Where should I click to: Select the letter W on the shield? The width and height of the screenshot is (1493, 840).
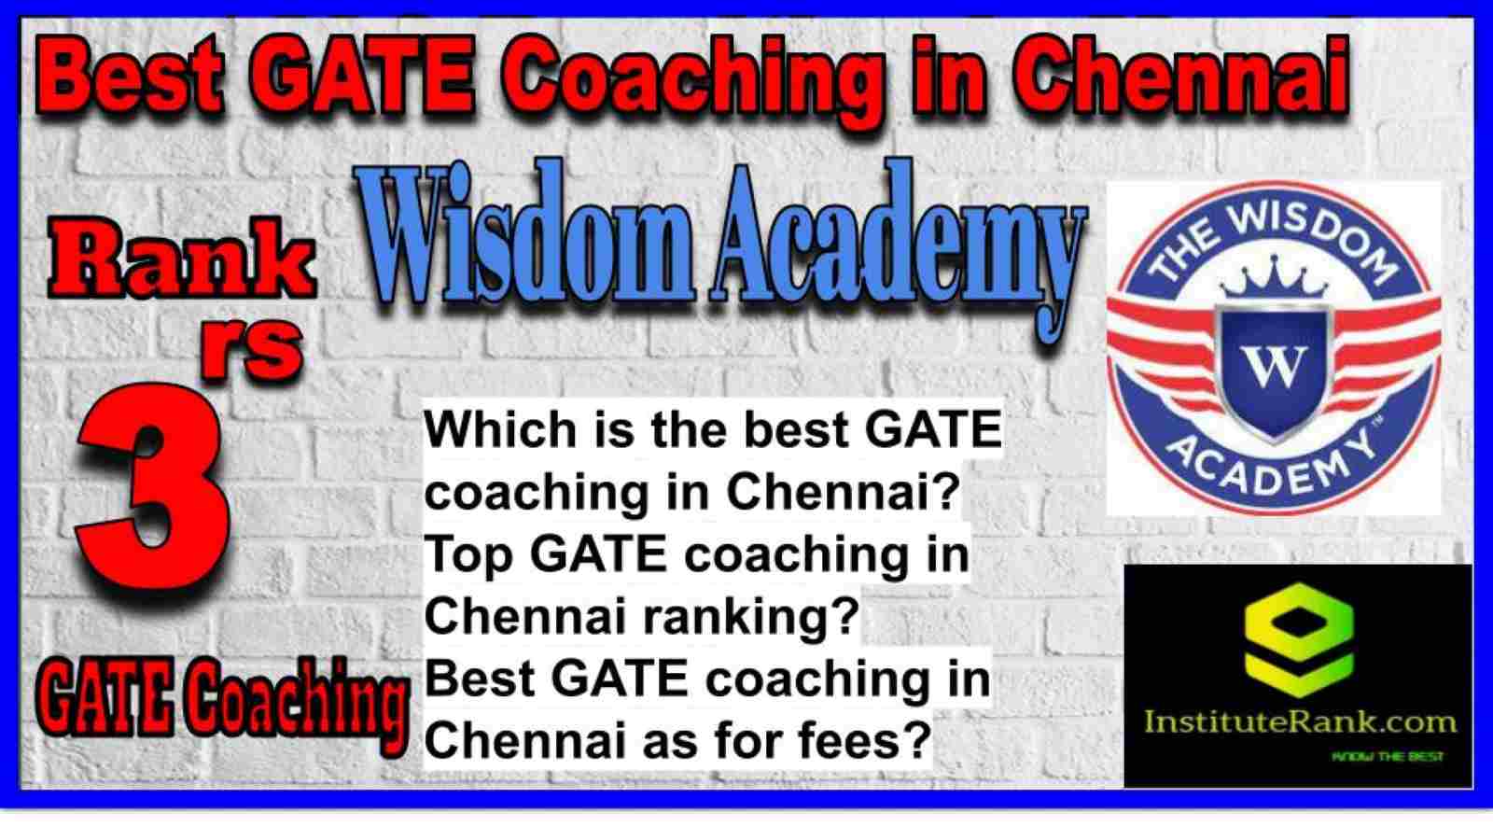[1275, 367]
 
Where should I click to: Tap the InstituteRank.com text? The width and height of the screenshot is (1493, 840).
[1299, 722]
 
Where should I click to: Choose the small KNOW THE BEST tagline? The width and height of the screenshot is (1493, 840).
[1387, 757]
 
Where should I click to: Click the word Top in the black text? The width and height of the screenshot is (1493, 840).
[469, 557]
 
